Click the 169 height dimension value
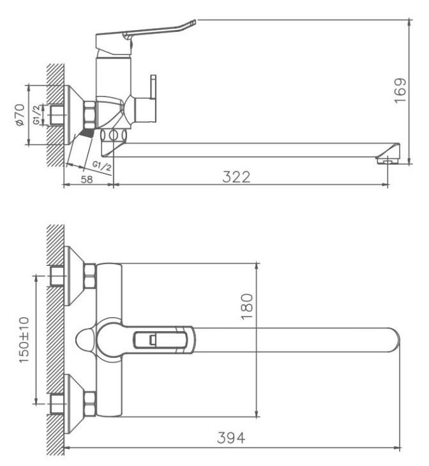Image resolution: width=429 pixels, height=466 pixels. pyautogui.click(x=400, y=90)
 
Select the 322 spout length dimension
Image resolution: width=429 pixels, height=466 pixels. pyautogui.click(x=236, y=177)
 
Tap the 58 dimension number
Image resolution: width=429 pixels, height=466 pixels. pyautogui.click(x=87, y=179)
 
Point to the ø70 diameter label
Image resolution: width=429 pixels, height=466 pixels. pyautogui.click(x=20, y=114)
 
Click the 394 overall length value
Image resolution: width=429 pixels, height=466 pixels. pyautogui.click(x=231, y=438)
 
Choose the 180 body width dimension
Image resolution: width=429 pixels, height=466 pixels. pyautogui.click(x=247, y=306)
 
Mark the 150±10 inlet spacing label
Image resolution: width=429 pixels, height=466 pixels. pyautogui.click(x=24, y=339)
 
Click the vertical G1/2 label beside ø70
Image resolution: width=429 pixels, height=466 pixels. pyautogui.click(x=36, y=114)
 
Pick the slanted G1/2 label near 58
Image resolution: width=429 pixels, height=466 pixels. pyautogui.click(x=102, y=166)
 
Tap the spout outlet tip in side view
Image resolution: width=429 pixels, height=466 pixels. pyautogui.click(x=388, y=161)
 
